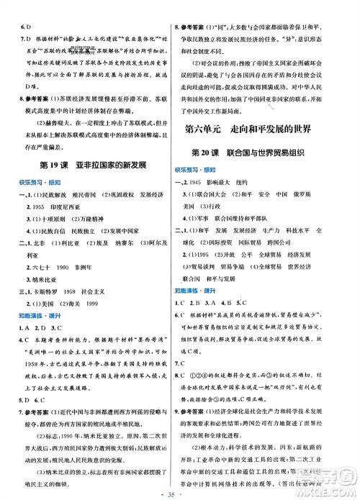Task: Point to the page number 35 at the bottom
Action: [180, 493]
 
